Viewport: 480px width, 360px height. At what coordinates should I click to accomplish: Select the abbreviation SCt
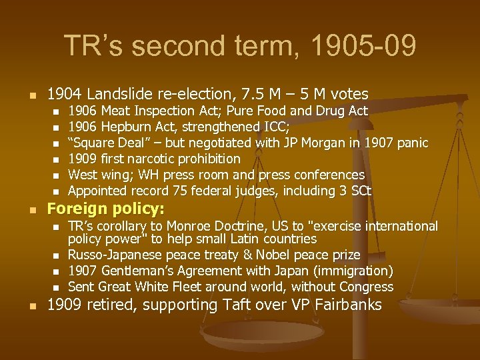360,191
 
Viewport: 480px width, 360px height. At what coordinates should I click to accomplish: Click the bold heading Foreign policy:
105,209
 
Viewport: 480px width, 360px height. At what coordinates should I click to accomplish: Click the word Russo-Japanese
115,255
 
